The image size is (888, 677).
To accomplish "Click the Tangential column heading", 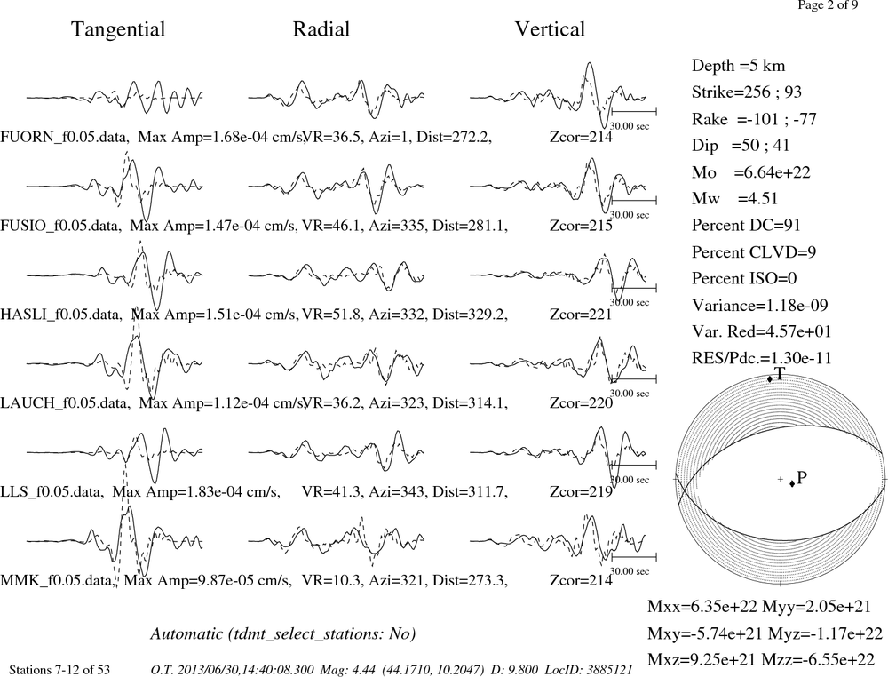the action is coord(118,29).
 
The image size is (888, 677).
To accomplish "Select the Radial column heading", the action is coord(321,29).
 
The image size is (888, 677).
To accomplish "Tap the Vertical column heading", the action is coord(550,29).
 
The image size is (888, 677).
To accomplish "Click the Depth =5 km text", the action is coord(739,66).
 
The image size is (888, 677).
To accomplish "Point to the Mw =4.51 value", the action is coord(735,199).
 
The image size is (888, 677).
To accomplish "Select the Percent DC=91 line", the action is coord(747,226).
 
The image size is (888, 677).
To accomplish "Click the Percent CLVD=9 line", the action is coord(754,252).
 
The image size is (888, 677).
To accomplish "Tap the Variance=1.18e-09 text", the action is coord(760,306).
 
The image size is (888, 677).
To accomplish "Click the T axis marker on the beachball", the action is coord(770,379).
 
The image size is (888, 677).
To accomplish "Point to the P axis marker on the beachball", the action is coord(792,483).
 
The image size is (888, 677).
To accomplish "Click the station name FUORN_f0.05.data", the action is coord(64,137).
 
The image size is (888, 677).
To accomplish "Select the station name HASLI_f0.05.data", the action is coord(60,315).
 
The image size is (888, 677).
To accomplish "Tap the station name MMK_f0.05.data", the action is coord(58,581).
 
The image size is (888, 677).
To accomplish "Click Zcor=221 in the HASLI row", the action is coord(581,315).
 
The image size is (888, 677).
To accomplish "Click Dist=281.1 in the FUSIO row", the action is coord(470,226).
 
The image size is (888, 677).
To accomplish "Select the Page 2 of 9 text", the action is coord(828,5).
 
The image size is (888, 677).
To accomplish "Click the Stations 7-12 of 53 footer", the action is coord(59,670).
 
